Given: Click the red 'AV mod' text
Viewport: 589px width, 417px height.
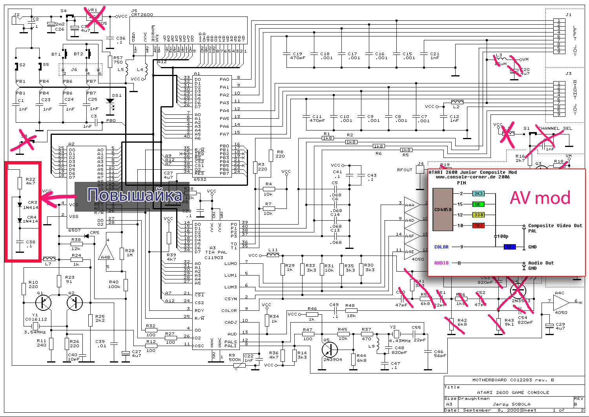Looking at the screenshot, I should [540, 198].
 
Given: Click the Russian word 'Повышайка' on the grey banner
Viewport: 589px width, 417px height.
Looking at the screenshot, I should [134, 195].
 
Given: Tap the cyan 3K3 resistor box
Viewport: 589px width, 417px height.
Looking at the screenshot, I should [478, 194].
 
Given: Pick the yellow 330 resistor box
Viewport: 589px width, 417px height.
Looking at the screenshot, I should [478, 215].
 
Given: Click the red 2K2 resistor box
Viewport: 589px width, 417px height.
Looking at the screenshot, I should [478, 226].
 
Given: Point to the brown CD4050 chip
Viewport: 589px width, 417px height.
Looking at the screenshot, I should [443, 209].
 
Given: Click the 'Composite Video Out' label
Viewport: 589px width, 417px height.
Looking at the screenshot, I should [555, 226].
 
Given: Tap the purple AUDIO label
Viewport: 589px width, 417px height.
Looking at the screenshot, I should [441, 263].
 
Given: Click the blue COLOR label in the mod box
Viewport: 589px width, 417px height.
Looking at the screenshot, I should [441, 247].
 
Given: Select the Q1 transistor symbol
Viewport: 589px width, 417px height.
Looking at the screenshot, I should [43, 302].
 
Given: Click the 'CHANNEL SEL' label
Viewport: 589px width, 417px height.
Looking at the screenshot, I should [555, 128].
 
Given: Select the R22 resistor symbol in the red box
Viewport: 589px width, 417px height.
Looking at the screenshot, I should [20, 183].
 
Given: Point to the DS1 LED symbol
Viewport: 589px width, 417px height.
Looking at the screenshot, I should [111, 103].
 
